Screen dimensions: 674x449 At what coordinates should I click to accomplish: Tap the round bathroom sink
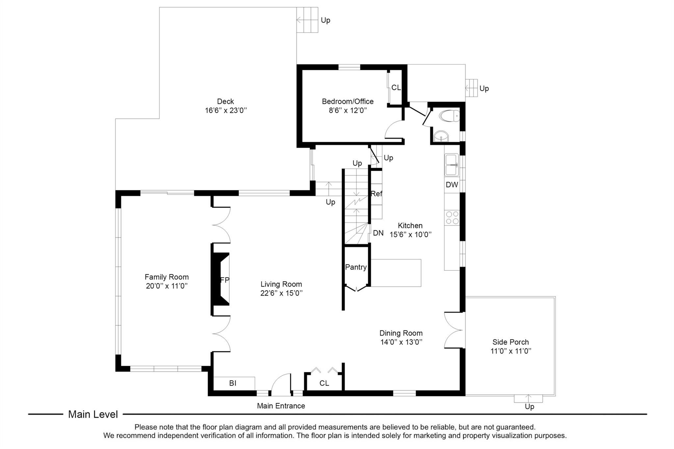point(441,137)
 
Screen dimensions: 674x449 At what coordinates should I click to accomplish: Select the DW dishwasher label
point(452,185)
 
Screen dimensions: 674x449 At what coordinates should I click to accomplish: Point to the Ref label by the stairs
point(376,194)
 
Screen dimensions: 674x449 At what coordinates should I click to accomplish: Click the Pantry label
point(356,267)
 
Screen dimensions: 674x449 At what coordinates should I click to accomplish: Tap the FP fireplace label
point(225,280)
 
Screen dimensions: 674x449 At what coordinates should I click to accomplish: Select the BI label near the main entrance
point(233,383)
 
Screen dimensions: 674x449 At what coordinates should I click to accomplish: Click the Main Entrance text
point(281,406)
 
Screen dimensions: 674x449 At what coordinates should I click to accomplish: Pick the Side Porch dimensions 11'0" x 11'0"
point(511,351)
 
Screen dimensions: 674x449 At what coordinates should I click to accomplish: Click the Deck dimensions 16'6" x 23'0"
point(226,110)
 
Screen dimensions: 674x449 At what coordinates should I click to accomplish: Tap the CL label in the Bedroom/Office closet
point(396,87)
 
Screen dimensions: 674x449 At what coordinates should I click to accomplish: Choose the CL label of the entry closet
point(324,383)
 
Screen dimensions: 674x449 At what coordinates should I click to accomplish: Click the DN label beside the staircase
point(378,233)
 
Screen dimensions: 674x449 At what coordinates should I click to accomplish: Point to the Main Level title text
point(93,414)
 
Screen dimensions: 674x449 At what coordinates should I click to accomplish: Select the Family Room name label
point(167,277)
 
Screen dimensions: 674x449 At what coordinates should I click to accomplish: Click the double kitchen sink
point(452,165)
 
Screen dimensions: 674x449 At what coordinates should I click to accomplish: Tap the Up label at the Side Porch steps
point(530,407)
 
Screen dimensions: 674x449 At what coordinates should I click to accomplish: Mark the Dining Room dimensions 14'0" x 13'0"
point(401,342)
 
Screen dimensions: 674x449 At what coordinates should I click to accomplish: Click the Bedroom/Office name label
point(348,101)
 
